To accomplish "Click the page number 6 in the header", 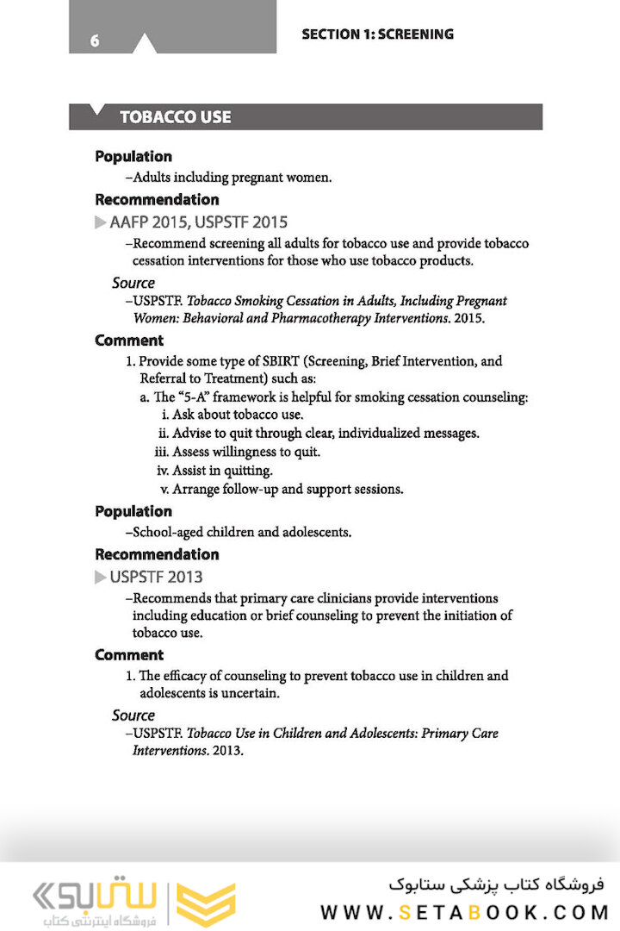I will pyautogui.click(x=95, y=41).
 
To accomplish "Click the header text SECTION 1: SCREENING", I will pyautogui.click(x=377, y=34).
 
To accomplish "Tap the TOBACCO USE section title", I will pyautogui.click(x=175, y=117).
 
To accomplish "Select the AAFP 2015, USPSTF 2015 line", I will pyautogui.click(x=198, y=222).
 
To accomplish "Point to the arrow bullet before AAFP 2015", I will pyautogui.click(x=101, y=223).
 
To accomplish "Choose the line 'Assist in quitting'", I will pyautogui.click(x=222, y=471).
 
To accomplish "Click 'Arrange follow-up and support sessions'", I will pyautogui.click(x=288, y=489).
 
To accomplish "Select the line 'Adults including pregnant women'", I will pyautogui.click(x=228, y=178).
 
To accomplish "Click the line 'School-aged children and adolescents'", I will pyautogui.click(x=238, y=532).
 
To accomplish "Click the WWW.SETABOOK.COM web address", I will pyautogui.click(x=464, y=912).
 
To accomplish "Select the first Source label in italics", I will pyautogui.click(x=133, y=283).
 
